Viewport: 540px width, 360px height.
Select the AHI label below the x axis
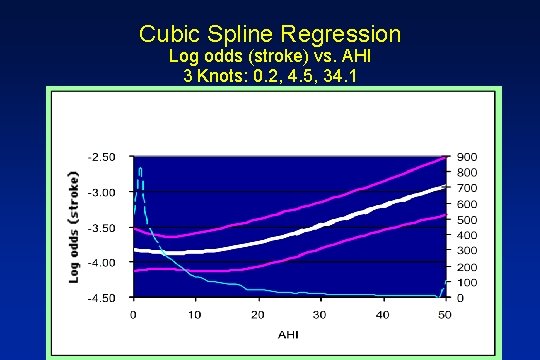[x=288, y=333]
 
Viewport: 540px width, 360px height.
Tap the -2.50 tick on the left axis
[x=103, y=157]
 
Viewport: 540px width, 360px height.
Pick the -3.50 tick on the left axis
[x=103, y=228]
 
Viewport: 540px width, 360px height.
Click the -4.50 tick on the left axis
[x=103, y=298]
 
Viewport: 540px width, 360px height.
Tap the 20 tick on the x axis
[x=258, y=314]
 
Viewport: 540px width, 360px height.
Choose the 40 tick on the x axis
[x=383, y=314]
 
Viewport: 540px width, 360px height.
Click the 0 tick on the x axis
[x=134, y=314]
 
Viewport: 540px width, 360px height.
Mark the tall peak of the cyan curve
[x=140, y=168]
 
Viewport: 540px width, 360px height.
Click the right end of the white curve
[x=443, y=187]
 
